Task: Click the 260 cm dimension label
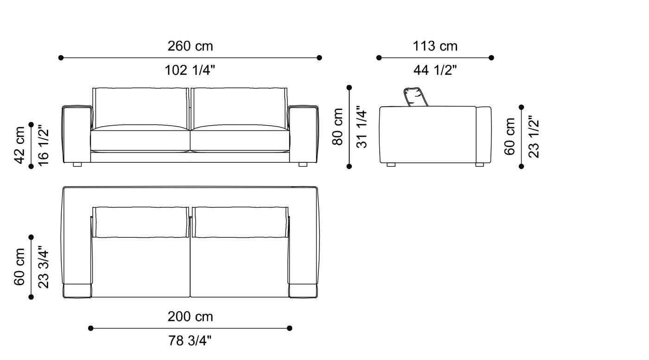point(190,46)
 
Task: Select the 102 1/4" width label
point(190,71)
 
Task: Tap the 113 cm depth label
point(435,46)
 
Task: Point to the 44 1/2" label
point(435,71)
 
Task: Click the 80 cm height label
point(338,127)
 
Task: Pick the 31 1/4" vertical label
point(362,127)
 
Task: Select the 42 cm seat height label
point(20,145)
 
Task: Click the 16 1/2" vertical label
point(43,145)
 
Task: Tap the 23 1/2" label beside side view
point(534,137)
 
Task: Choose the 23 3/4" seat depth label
point(43,267)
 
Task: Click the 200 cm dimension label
point(190,317)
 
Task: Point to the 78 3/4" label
point(190,341)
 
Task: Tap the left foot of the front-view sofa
point(77,164)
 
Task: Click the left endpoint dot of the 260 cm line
point(61,58)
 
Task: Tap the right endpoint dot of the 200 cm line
point(290,328)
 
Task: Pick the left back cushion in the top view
point(141,222)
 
